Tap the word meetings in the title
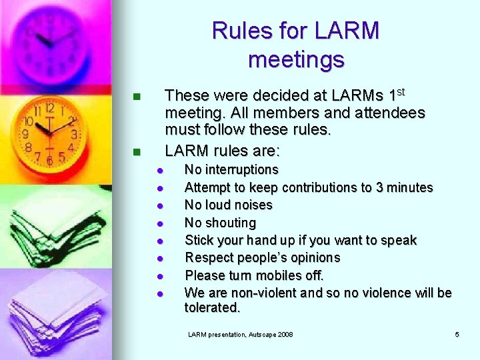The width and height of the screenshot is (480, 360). tap(296, 59)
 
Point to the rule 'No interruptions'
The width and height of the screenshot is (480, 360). tap(231, 170)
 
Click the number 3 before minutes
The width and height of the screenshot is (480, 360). tap(379, 187)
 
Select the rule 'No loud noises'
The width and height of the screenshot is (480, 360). tap(229, 205)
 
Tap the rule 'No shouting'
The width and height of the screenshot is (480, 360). tap(220, 223)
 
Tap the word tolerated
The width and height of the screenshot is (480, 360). tap(212, 308)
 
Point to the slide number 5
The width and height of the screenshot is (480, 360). tap(457, 334)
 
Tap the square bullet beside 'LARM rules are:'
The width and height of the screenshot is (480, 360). tap(137, 152)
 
